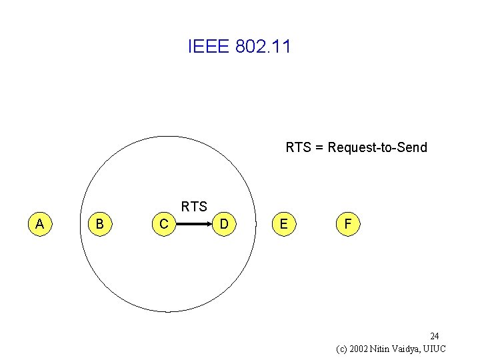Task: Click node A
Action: click(40, 224)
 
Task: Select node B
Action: click(99, 224)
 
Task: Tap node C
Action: click(163, 224)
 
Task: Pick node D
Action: click(225, 224)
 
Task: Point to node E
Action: click(284, 224)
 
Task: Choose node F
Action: click(347, 224)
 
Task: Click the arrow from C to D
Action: click(194, 225)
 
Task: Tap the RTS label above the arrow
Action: click(194, 207)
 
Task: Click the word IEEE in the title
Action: click(209, 47)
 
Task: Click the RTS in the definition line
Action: click(299, 147)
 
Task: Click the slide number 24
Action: click(434, 336)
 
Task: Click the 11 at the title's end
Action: click(283, 47)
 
